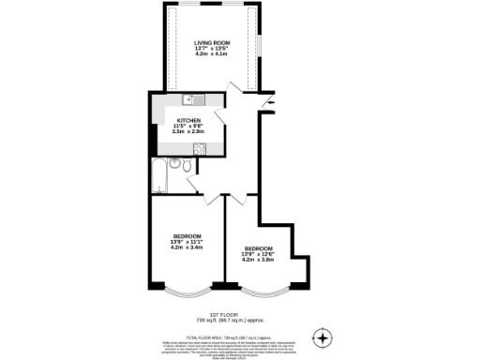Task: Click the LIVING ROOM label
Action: (212, 43)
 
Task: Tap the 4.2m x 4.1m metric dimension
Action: (212, 54)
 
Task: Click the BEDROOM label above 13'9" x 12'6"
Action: (258, 248)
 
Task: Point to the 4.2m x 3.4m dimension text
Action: (187, 247)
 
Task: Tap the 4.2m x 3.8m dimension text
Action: (258, 260)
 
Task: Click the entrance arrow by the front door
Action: (271, 102)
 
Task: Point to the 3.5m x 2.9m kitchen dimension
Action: (188, 132)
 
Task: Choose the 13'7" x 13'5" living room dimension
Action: (212, 49)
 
